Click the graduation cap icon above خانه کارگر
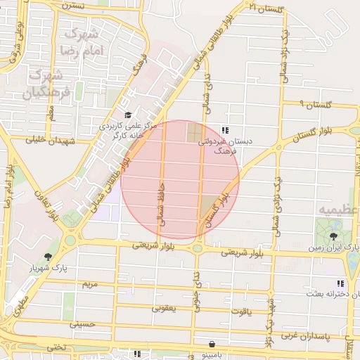tap(127, 115)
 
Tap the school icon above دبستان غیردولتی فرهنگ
tap(225, 130)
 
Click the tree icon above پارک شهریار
tap(48, 257)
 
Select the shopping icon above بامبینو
tap(212, 344)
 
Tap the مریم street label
tap(89, 284)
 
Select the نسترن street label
tap(72, 5)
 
